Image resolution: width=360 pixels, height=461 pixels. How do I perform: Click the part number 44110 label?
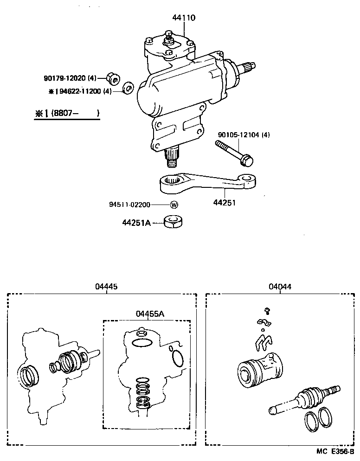(x=184, y=18)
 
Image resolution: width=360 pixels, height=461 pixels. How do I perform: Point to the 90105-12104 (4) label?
(x=244, y=135)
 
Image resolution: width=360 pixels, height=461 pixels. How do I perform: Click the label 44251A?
(x=137, y=223)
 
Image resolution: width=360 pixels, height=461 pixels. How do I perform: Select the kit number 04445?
(x=106, y=287)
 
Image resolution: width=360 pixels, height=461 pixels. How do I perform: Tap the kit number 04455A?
(x=150, y=314)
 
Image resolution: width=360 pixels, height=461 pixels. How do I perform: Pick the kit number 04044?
(x=280, y=287)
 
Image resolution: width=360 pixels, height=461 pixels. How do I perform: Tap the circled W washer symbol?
(x=174, y=205)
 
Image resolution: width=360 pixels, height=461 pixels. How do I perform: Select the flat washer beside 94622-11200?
(x=128, y=88)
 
